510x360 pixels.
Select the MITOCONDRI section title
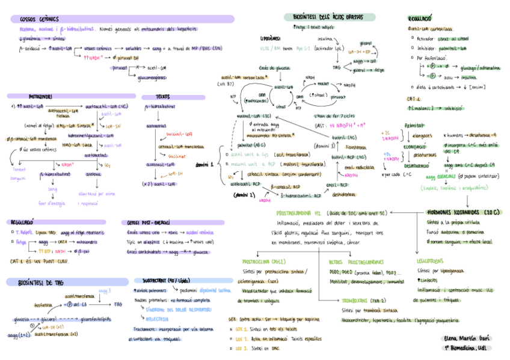point(40,96)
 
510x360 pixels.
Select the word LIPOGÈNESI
point(266,38)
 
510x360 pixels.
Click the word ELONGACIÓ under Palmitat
point(414,146)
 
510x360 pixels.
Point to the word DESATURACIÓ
point(416,165)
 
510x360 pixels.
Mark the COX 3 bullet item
point(242,348)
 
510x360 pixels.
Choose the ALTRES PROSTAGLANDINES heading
point(357,261)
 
